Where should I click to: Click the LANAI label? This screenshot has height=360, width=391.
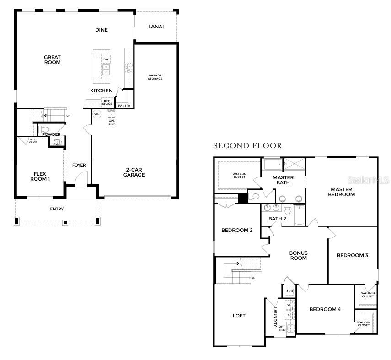(x=156, y=27)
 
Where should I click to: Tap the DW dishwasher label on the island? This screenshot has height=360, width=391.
(x=106, y=60)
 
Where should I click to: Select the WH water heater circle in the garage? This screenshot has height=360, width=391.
(x=96, y=114)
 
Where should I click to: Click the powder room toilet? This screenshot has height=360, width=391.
(x=43, y=129)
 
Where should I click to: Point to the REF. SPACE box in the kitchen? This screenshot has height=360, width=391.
(x=107, y=103)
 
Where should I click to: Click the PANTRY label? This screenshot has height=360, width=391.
(x=124, y=106)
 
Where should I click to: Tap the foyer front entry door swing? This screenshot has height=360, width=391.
(x=80, y=180)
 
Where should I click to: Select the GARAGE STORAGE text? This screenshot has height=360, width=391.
(x=155, y=77)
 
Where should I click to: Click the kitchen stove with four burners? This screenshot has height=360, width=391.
(x=129, y=68)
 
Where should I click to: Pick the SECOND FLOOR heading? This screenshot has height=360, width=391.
(x=247, y=145)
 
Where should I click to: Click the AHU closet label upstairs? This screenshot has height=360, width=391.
(x=289, y=291)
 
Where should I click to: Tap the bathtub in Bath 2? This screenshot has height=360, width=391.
(x=300, y=215)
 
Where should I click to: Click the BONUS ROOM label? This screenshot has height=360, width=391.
(x=298, y=255)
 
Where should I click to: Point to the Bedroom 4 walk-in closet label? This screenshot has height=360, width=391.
(x=364, y=324)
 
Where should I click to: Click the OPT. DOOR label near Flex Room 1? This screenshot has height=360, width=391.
(x=33, y=141)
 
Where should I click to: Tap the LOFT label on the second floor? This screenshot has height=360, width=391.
(x=239, y=316)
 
